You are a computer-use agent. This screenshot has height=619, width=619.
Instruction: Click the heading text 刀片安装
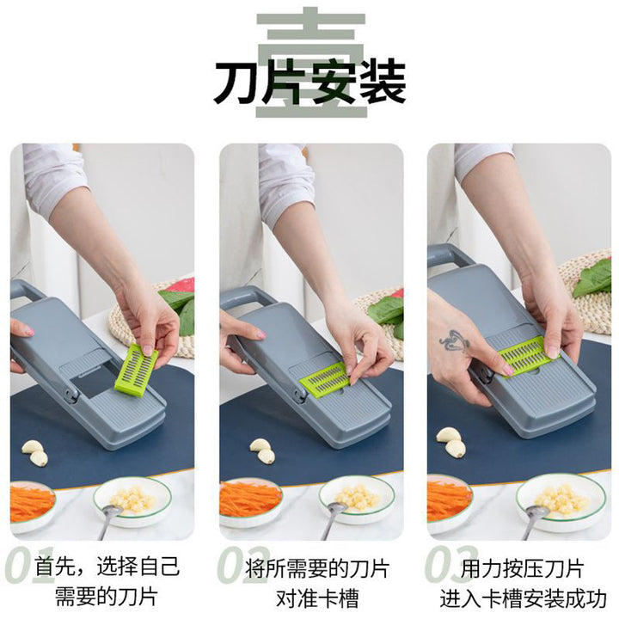point(309,83)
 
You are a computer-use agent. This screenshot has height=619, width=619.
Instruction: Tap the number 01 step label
point(28,565)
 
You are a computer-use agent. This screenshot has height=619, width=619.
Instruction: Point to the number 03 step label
point(450,565)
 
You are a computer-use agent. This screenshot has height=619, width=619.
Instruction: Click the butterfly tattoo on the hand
point(455,341)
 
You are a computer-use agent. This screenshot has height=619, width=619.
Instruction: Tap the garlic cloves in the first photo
point(34,451)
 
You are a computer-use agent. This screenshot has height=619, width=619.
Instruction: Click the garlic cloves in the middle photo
point(262,450)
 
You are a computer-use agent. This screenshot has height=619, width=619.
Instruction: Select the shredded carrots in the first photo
point(31,504)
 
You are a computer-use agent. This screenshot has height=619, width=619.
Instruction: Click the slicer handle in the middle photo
point(248,297)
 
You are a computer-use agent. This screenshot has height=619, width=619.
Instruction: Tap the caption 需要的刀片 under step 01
point(107,597)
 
